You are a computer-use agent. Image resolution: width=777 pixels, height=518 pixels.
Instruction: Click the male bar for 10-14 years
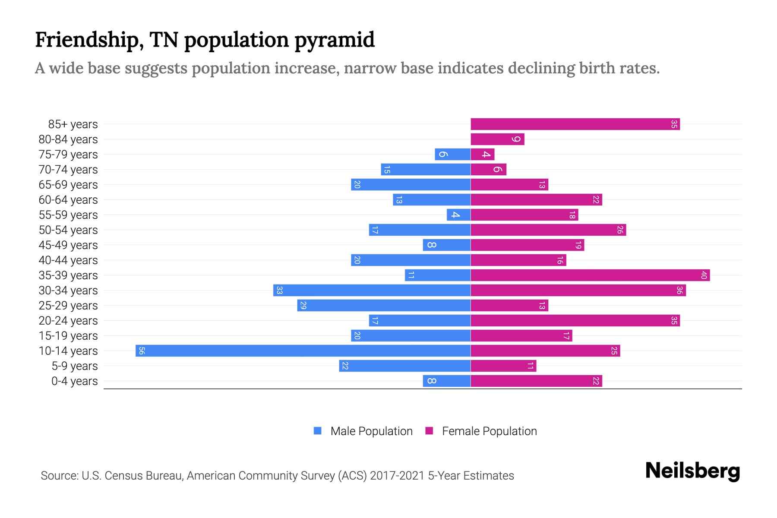tap(302, 351)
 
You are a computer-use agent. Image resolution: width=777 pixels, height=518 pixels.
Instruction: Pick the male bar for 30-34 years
tap(371, 291)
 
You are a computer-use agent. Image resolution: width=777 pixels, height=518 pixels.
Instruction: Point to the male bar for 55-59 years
tap(458, 215)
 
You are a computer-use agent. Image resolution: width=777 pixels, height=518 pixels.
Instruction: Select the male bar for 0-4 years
tap(447, 381)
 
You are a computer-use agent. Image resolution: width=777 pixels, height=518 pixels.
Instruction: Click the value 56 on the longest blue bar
tap(142, 351)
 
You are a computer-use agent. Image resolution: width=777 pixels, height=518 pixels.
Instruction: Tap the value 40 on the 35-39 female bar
tap(704, 275)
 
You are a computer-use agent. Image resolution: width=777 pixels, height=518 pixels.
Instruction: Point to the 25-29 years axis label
tap(68, 306)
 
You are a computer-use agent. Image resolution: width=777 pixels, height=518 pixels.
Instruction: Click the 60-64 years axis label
tap(68, 200)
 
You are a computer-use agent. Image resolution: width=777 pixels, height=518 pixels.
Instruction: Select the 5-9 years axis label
tap(74, 366)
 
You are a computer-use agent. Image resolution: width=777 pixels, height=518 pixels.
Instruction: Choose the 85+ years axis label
tap(73, 124)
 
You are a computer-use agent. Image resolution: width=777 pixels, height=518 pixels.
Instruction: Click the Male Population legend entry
tap(371, 431)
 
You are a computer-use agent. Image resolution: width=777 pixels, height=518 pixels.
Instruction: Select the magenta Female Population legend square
tap(429, 431)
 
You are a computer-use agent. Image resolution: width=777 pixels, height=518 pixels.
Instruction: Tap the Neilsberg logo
tap(692, 471)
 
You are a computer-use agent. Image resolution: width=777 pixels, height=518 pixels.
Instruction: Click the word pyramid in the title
tap(335, 40)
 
